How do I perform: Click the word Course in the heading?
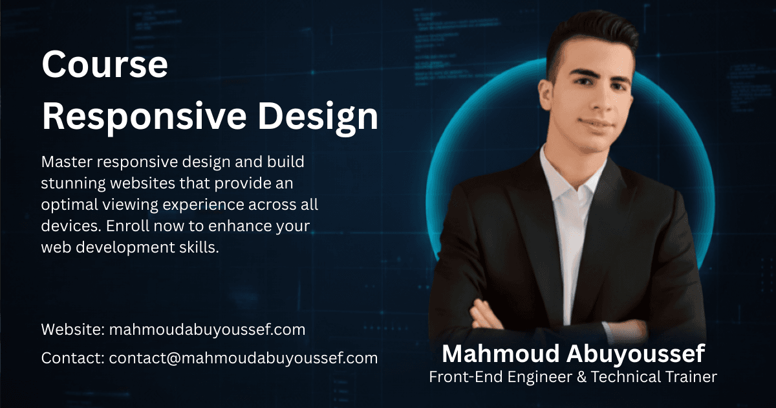point(105,65)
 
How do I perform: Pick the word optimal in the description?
point(67,205)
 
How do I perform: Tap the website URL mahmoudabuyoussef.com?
point(207,330)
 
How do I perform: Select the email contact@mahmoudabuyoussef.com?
point(243,357)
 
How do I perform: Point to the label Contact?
point(73,357)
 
